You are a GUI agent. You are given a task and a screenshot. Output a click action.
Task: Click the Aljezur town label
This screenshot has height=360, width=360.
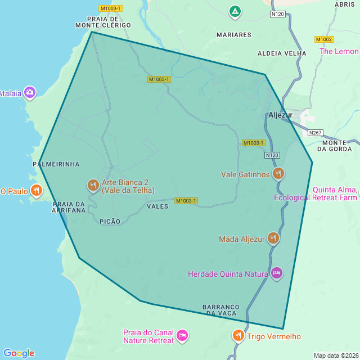281,115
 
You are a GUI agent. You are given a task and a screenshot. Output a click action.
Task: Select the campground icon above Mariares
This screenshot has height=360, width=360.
235,11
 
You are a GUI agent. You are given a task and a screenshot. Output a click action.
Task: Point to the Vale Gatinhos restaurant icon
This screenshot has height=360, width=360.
278,174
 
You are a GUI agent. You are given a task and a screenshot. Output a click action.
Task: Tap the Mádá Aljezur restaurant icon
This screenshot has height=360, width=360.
273,238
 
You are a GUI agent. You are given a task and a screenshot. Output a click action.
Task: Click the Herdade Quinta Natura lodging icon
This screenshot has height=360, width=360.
276,274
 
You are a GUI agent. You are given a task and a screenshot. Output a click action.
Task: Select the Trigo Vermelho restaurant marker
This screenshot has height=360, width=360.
238,336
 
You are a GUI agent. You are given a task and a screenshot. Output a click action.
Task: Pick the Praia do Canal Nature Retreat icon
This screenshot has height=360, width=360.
182,336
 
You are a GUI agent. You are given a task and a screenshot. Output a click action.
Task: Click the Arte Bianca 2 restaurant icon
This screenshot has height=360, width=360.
93,185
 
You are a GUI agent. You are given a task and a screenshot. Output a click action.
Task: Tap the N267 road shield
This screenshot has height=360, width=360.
316,133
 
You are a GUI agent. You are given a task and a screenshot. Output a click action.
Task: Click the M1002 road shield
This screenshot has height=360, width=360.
324,39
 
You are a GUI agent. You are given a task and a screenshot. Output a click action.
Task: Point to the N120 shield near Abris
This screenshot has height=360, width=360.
278,13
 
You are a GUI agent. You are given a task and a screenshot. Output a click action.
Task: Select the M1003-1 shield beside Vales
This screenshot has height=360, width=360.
186,201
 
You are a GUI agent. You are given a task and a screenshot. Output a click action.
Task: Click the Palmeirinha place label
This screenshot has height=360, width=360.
56,164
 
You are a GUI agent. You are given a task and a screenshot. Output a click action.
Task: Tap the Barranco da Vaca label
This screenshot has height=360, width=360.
220,310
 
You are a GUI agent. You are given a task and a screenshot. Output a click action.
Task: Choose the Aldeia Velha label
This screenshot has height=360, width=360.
282,53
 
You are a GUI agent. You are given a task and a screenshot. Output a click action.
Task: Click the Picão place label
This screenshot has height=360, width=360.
110,222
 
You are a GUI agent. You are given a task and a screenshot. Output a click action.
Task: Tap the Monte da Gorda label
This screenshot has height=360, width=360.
335,146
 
